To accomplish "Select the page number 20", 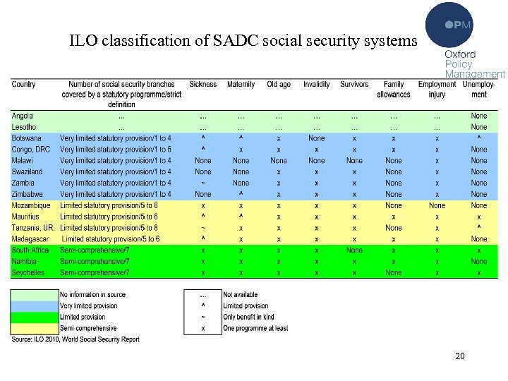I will coord(460,356).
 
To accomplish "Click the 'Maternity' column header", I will coord(241,85).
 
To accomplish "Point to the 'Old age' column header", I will coord(279,85).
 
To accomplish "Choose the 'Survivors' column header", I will coord(354,85).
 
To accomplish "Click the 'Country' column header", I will coord(23,85).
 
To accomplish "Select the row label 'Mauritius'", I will coord(25,217).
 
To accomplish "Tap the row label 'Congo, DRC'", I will coord(31,150).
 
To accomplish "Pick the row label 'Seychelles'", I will coord(28,272).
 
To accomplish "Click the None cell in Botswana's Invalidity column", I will coord(316,138).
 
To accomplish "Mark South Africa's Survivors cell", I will coord(354,250).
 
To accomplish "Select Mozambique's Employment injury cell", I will coord(437,205).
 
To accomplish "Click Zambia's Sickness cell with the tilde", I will coord(203,183).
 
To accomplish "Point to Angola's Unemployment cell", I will coord(478,116).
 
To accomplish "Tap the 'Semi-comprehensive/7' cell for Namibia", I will coord(95,262).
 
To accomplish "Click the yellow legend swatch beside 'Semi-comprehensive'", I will coord(34,328).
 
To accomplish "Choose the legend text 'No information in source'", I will coord(92,295).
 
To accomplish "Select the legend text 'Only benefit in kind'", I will coord(248,317).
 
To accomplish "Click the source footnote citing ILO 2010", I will coord(75,339).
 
